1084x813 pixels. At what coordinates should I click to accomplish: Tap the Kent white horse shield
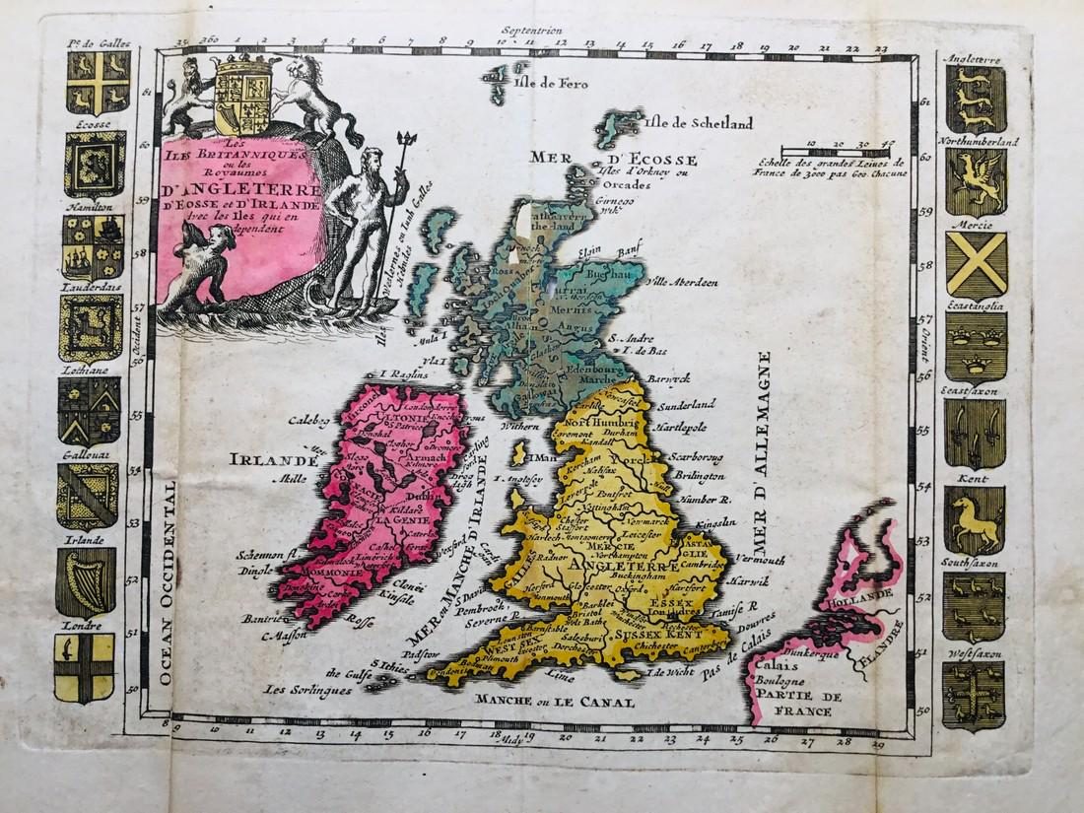[x=975, y=520]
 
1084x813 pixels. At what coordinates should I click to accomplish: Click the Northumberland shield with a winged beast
[x=976, y=180]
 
